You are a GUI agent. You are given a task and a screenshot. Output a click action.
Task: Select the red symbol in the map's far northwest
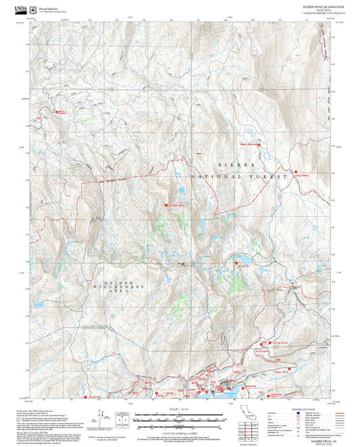(x=58, y=111)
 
